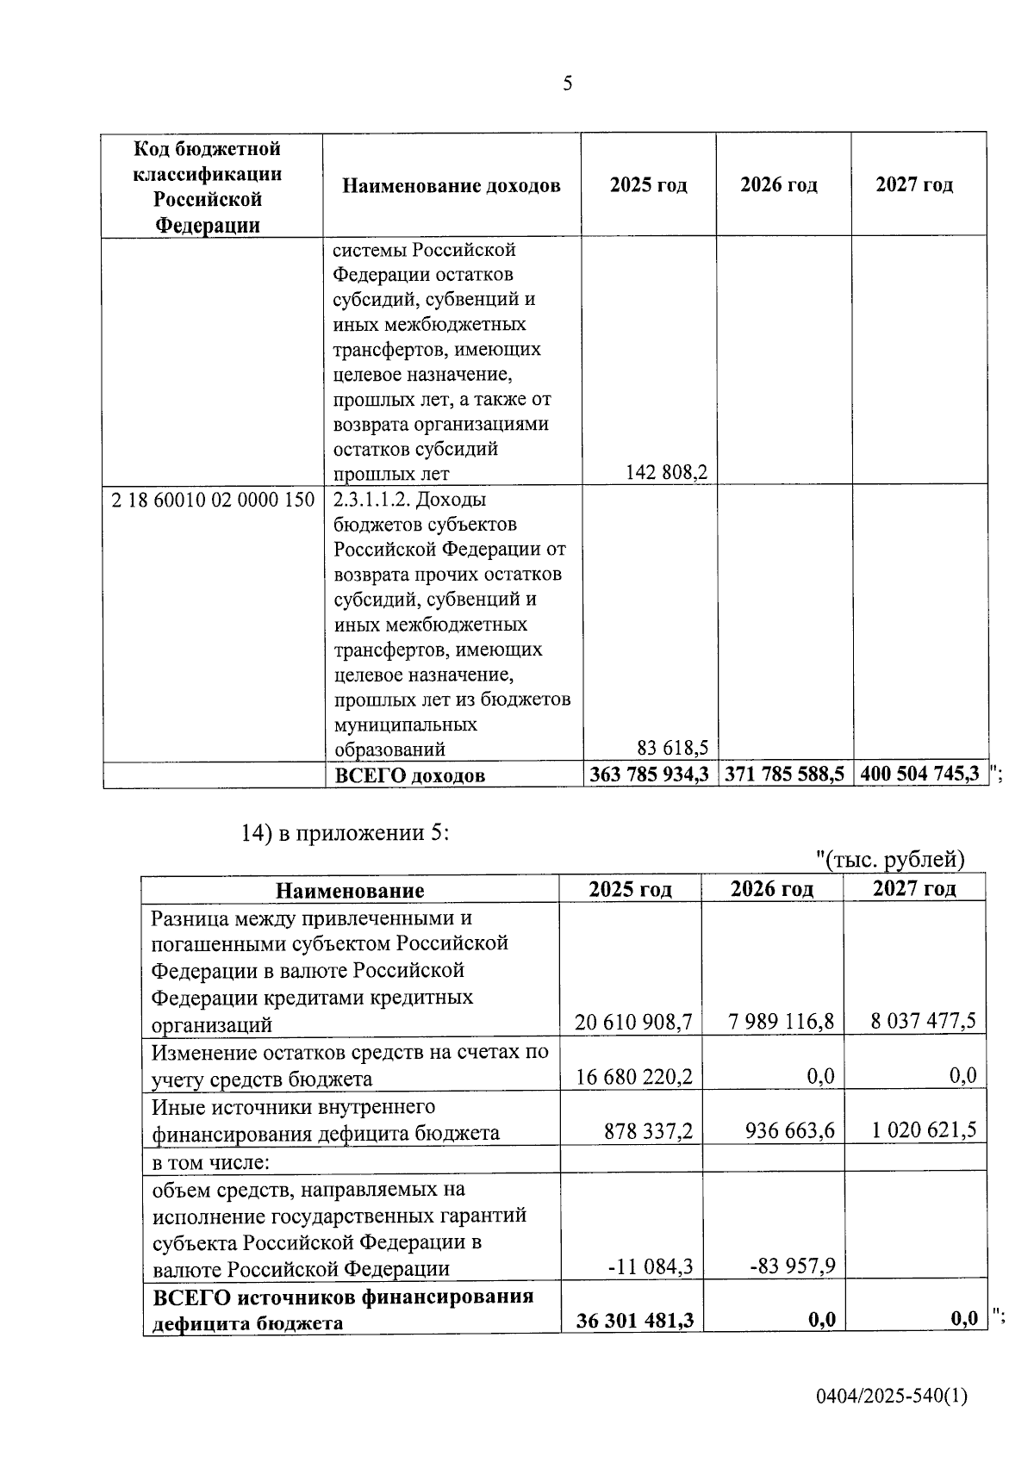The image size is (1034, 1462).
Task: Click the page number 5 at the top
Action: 567,84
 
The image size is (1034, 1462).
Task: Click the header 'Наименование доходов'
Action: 452,185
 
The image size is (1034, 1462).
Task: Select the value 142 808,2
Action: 666,472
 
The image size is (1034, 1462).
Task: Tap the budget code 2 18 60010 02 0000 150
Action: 213,499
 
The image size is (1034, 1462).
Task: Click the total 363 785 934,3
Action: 649,774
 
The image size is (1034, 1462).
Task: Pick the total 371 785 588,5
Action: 784,774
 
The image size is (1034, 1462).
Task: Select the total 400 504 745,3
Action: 919,774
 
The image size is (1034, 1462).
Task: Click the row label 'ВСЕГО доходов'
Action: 409,775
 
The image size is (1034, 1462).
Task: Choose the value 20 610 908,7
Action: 633,1022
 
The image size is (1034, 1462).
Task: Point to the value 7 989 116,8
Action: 781,1022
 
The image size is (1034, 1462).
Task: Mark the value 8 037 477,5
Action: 923,1022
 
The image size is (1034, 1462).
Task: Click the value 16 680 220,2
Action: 633,1076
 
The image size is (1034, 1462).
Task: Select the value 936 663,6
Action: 789,1130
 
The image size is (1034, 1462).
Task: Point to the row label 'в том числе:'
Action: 211,1163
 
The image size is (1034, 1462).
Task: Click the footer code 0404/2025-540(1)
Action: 892,1396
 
